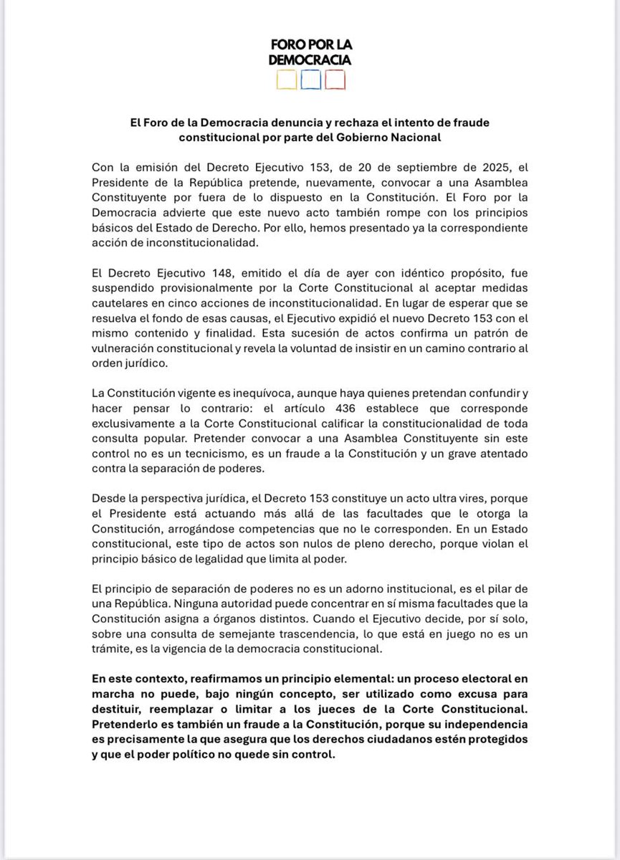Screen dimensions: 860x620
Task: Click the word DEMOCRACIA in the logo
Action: point(310,60)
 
